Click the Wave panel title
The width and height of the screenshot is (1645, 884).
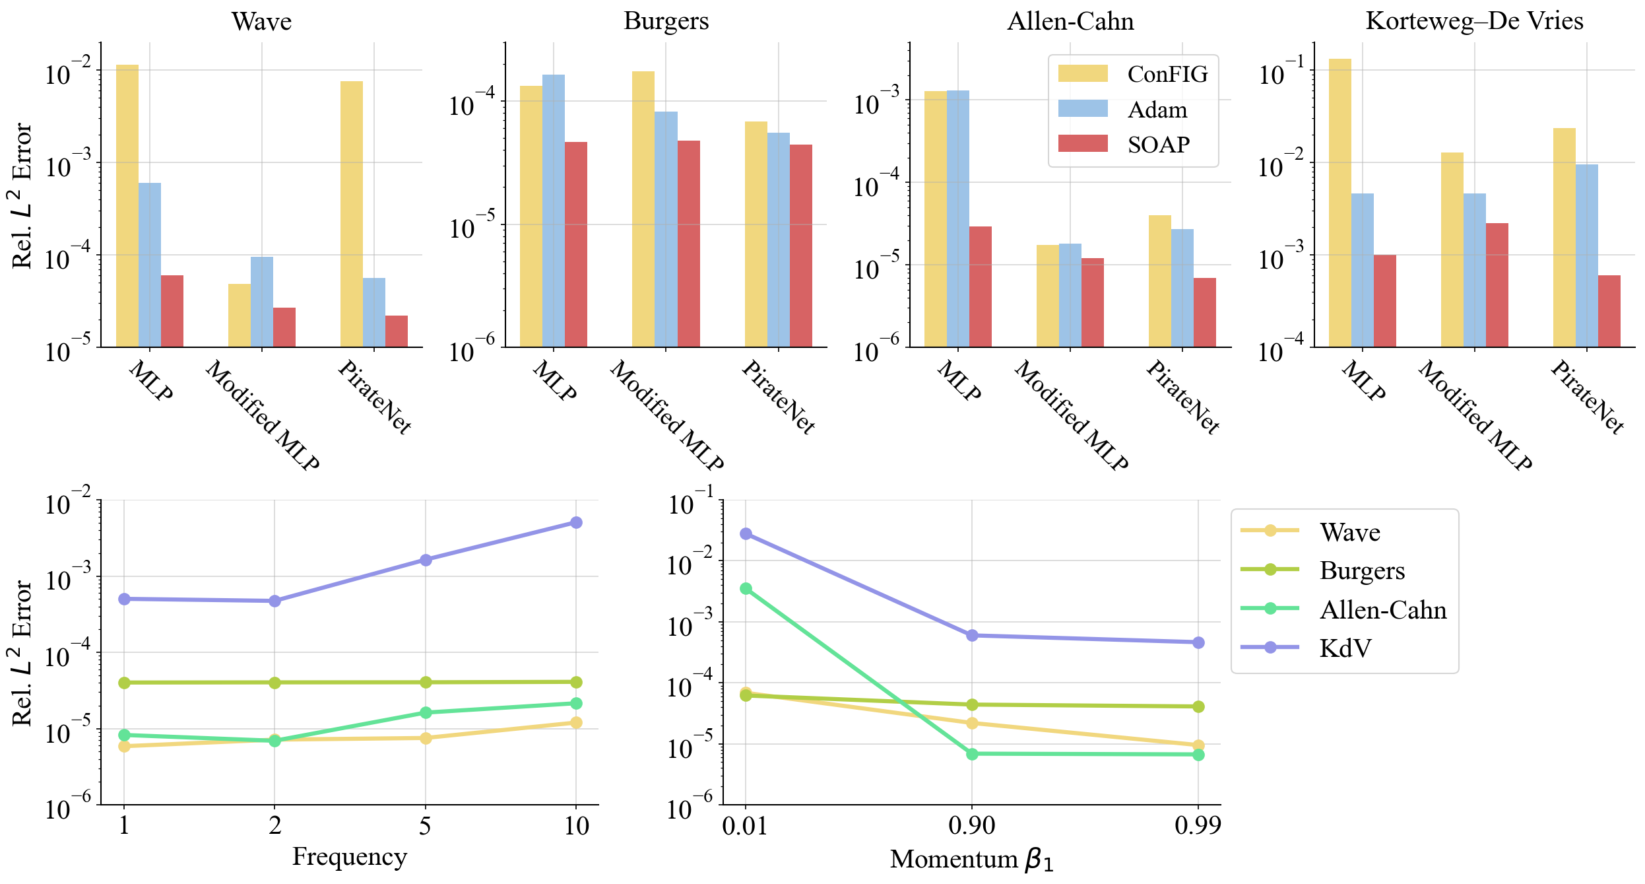click(x=261, y=21)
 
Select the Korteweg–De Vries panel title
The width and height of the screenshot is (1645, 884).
click(x=1474, y=21)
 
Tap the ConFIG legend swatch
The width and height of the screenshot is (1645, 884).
click(x=1082, y=74)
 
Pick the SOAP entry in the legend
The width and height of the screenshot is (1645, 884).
click(x=1158, y=145)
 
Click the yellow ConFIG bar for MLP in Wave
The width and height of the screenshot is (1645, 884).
click(x=127, y=205)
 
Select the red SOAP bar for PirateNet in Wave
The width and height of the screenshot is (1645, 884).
click(x=397, y=331)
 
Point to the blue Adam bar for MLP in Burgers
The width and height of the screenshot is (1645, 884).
click(x=554, y=211)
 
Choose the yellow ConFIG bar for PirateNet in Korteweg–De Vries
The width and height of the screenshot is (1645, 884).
click(x=1564, y=237)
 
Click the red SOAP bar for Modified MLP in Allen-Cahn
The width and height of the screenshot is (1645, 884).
click(x=1093, y=302)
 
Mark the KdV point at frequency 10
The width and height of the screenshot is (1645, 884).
click(x=576, y=523)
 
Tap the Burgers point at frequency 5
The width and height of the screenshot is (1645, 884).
click(x=426, y=682)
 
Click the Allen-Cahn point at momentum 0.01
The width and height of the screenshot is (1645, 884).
click(x=746, y=588)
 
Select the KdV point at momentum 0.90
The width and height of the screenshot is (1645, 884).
click(x=972, y=635)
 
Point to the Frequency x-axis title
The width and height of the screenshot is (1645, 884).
click(x=349, y=856)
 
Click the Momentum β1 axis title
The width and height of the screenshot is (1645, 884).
click(x=971, y=859)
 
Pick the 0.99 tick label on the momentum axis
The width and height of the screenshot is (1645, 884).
click(x=1198, y=825)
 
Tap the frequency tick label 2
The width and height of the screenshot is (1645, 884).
click(x=274, y=825)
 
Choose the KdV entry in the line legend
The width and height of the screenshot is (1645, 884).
click(x=1345, y=648)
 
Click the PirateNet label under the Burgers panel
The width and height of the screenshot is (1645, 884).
click(x=778, y=397)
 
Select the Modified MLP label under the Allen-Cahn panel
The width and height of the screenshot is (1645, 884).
click(x=1070, y=415)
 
